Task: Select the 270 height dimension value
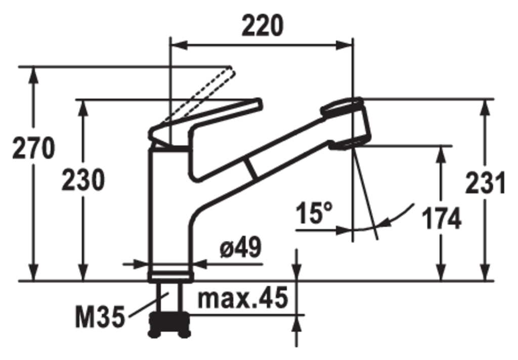33,149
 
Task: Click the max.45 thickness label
242,299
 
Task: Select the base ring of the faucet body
170,275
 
